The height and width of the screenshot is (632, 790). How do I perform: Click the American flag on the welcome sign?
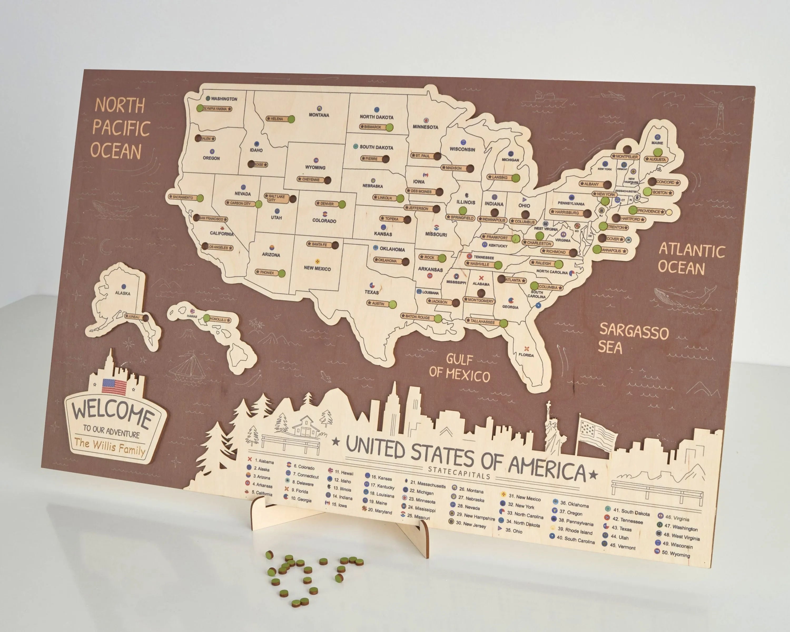click(114, 387)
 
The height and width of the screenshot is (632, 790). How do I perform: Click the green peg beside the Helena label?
click(291, 120)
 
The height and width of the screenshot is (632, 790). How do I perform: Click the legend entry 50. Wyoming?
click(675, 554)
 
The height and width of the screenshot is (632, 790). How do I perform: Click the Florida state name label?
click(526, 355)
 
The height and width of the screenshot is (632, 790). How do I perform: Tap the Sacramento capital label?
click(182, 197)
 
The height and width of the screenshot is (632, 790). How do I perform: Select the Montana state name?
click(319, 115)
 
